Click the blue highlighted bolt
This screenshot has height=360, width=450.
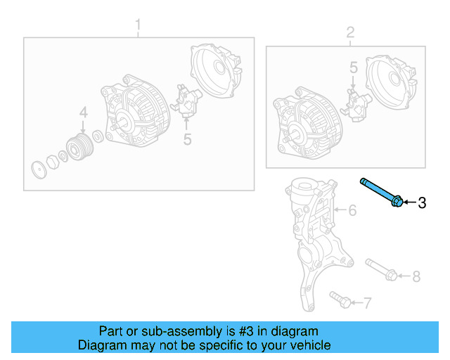382,192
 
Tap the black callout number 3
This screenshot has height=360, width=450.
422,203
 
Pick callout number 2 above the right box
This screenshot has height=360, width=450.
350,32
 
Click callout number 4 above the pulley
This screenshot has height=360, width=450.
83,112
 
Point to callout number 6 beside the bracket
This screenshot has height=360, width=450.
352,210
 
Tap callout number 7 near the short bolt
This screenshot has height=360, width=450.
367,302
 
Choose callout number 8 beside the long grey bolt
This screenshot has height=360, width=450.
416,276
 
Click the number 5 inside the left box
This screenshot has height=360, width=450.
187,139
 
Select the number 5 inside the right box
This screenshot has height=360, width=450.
354,67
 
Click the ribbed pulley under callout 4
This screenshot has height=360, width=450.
79,147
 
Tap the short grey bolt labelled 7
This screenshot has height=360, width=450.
340,300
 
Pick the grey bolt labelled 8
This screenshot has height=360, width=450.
381,269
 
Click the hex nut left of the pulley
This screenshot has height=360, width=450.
53,162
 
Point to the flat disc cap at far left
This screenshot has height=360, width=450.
39,170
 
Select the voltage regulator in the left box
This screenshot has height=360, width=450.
186,101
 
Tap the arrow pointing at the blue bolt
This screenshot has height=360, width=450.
410,202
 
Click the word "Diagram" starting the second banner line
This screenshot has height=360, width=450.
103,345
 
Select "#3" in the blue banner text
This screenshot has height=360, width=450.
246,331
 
